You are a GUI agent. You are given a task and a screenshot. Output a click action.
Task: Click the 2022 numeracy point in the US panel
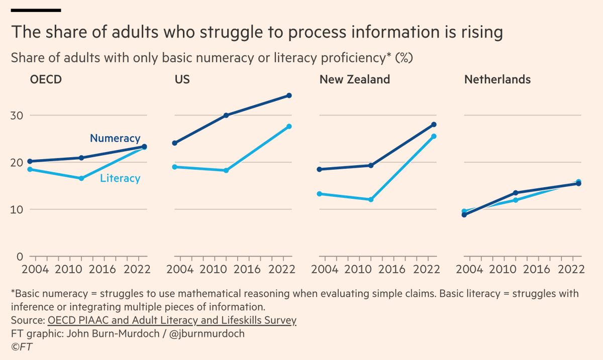(289, 95)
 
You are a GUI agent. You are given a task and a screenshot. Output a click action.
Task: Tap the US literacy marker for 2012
(226, 171)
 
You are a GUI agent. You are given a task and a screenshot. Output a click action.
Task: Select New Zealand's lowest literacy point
(371, 199)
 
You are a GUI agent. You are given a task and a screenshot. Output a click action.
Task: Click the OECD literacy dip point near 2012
(81, 178)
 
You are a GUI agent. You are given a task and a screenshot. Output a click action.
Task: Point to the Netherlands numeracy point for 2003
(464, 214)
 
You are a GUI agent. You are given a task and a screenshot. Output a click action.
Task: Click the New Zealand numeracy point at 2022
(434, 125)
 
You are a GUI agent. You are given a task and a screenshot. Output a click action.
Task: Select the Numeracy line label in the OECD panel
(115, 139)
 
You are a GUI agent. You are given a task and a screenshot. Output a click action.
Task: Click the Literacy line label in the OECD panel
(120, 178)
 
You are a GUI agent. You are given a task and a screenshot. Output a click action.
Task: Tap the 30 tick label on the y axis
(18, 115)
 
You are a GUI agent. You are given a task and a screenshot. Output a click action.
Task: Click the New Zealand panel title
(355, 79)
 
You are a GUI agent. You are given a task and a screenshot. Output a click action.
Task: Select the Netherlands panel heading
(497, 79)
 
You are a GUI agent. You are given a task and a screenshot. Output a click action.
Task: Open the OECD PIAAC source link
(172, 320)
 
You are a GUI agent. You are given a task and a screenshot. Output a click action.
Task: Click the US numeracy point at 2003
(175, 143)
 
